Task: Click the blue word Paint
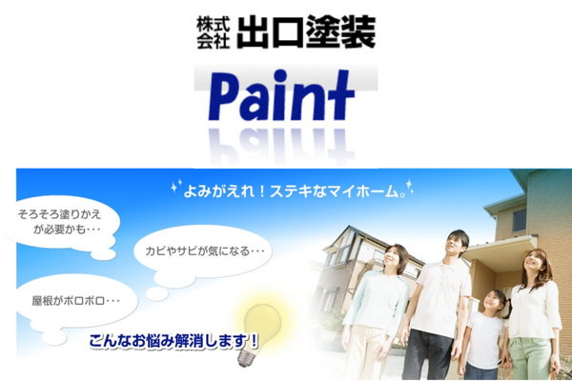281,95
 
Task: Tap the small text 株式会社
214,32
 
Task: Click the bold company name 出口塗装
306,32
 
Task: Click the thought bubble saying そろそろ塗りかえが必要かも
60,222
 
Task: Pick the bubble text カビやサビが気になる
205,251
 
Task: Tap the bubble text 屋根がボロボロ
76,301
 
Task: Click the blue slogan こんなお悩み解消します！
174,341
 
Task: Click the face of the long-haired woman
534,262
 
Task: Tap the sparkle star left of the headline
175,187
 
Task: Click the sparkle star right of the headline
409,187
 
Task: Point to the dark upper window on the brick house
520,221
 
